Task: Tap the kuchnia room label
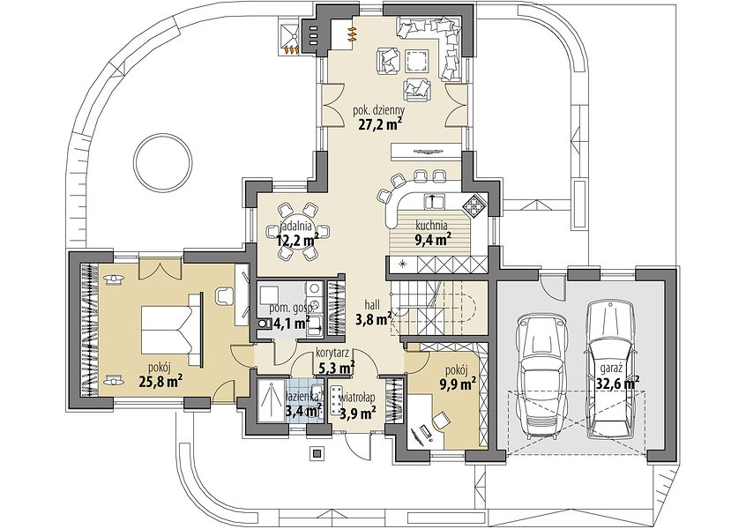click(431, 224)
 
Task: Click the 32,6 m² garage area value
click(617, 382)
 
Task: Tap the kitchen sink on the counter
click(433, 201)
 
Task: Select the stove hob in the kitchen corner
click(474, 206)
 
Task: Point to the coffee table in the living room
click(417, 62)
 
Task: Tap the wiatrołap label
click(358, 397)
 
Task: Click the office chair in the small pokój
click(441, 421)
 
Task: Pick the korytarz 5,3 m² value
click(335, 367)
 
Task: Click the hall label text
click(372, 304)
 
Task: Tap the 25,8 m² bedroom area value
click(161, 380)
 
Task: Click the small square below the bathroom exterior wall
click(317, 452)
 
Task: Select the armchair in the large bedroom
click(224, 295)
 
